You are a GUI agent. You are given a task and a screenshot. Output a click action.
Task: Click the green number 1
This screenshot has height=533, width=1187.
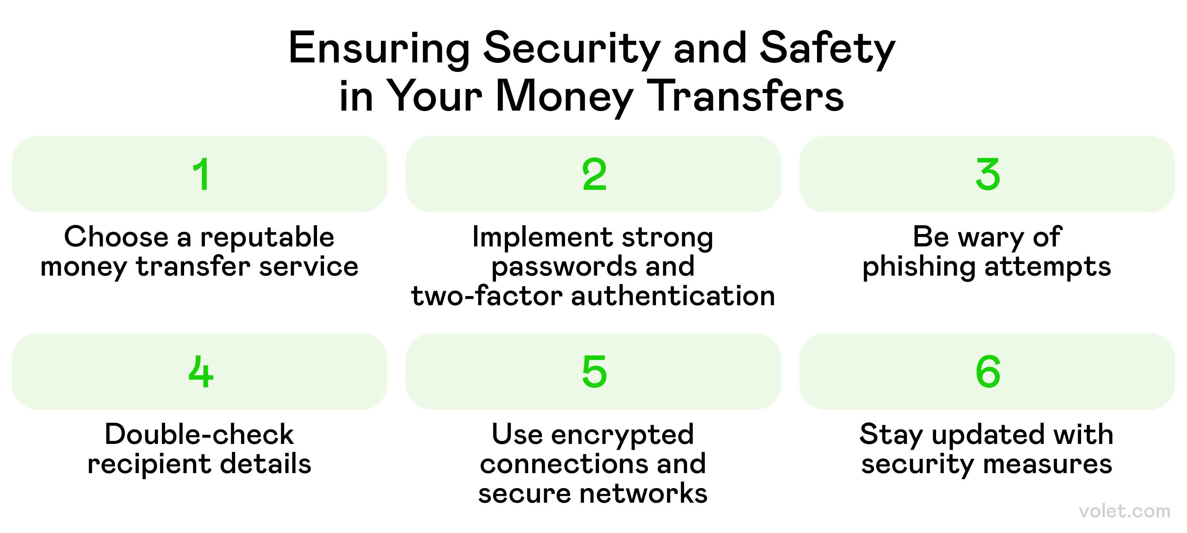[201, 174]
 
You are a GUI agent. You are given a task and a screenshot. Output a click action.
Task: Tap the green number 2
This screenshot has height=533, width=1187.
[595, 174]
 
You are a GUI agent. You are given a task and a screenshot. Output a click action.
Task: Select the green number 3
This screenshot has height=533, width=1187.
[988, 174]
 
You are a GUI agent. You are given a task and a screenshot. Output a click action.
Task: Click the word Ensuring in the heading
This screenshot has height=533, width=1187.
[379, 50]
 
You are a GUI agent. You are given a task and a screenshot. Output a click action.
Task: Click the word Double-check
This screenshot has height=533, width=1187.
[199, 434]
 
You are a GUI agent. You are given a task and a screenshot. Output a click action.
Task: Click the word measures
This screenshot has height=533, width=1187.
[1048, 464]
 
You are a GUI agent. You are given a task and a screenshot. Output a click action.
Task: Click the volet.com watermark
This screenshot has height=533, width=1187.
[1124, 511]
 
